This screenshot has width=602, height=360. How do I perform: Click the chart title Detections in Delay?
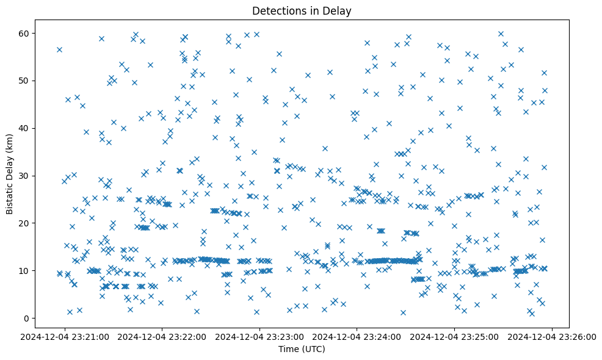click(302, 11)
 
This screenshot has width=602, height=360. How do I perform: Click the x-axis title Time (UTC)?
click(302, 350)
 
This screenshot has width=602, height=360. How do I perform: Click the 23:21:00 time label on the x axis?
click(65, 336)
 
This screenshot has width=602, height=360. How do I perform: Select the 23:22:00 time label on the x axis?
click(162, 336)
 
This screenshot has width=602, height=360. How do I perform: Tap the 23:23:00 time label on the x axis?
click(260, 336)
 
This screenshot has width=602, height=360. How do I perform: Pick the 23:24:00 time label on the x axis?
click(358, 336)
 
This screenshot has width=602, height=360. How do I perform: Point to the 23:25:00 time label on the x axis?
click(455, 336)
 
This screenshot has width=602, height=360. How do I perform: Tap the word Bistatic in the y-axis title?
click(10, 193)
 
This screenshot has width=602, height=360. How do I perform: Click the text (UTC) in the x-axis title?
click(313, 350)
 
